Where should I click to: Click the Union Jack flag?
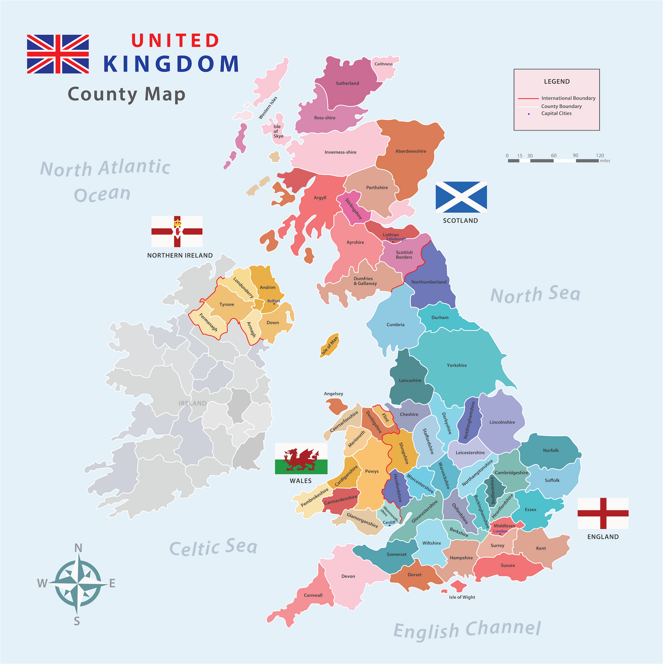click(x=58, y=54)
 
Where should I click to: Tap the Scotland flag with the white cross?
click(x=461, y=197)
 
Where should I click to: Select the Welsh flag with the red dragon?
click(x=301, y=458)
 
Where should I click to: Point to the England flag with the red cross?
click(x=603, y=513)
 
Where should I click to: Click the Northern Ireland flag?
click(x=177, y=231)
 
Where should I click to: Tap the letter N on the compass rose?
click(x=78, y=548)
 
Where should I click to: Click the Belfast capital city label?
click(x=273, y=301)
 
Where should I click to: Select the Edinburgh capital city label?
click(x=396, y=239)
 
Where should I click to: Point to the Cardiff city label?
click(x=389, y=523)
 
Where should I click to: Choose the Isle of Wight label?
click(x=462, y=597)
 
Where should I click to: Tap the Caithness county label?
click(x=383, y=64)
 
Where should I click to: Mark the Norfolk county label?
click(x=551, y=451)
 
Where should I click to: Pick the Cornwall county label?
click(x=313, y=595)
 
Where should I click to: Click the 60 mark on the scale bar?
click(x=554, y=156)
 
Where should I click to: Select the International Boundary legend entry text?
click(x=568, y=98)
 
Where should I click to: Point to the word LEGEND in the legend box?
click(x=557, y=82)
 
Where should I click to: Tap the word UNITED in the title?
click(x=175, y=41)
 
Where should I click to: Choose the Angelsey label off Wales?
click(x=334, y=394)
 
